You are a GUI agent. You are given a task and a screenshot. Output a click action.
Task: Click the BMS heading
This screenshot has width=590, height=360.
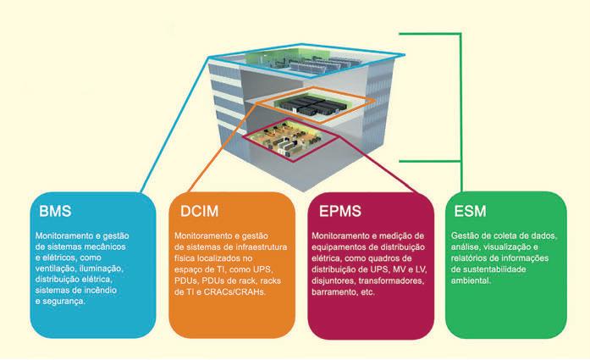56,210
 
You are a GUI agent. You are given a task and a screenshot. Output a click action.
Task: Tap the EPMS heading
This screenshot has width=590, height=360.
340,210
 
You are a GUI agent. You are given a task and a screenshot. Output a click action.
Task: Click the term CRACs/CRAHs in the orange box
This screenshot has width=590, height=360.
234,291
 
